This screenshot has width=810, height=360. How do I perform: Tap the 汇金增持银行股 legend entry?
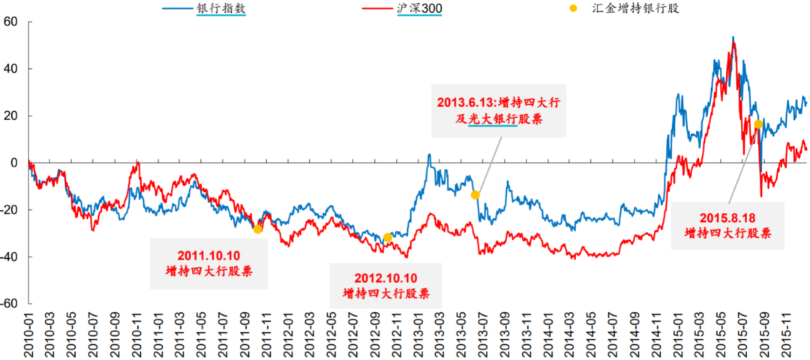pyautogui.click(x=634, y=8)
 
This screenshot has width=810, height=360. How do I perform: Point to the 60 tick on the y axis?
pyautogui.click(x=10, y=22)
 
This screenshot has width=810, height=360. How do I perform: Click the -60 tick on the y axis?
pyautogui.click(x=9, y=304)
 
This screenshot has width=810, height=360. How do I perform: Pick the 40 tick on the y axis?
pyautogui.click(x=10, y=69)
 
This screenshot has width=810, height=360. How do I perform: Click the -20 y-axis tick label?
pyautogui.click(x=9, y=210)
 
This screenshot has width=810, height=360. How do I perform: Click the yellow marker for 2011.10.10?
pyautogui.click(x=257, y=229)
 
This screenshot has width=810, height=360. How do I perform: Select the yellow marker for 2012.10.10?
pyautogui.click(x=388, y=238)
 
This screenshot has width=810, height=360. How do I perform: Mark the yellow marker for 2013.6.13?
pyautogui.click(x=475, y=195)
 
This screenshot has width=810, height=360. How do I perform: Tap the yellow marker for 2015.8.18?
pyautogui.click(x=758, y=124)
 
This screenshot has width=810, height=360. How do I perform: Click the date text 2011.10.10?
pyautogui.click(x=208, y=255)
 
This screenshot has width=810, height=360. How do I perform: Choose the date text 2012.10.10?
pyautogui.click(x=387, y=278)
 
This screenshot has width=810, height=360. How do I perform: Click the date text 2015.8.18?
pyautogui.click(x=727, y=218)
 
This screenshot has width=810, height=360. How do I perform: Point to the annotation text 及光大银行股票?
pyautogui.click(x=498, y=119)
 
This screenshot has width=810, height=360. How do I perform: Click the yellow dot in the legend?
pyautogui.click(x=573, y=8)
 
